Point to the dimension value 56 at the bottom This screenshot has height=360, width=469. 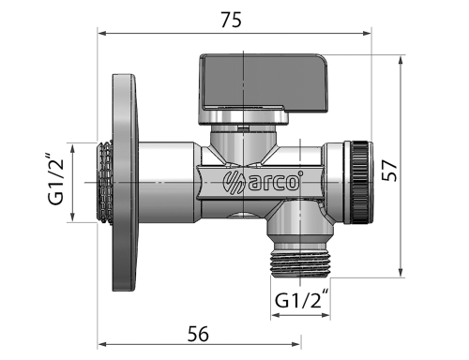197,334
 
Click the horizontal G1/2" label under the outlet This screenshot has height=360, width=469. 302,301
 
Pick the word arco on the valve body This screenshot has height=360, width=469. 275,182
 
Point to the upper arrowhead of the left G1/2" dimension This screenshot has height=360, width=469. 73,145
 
